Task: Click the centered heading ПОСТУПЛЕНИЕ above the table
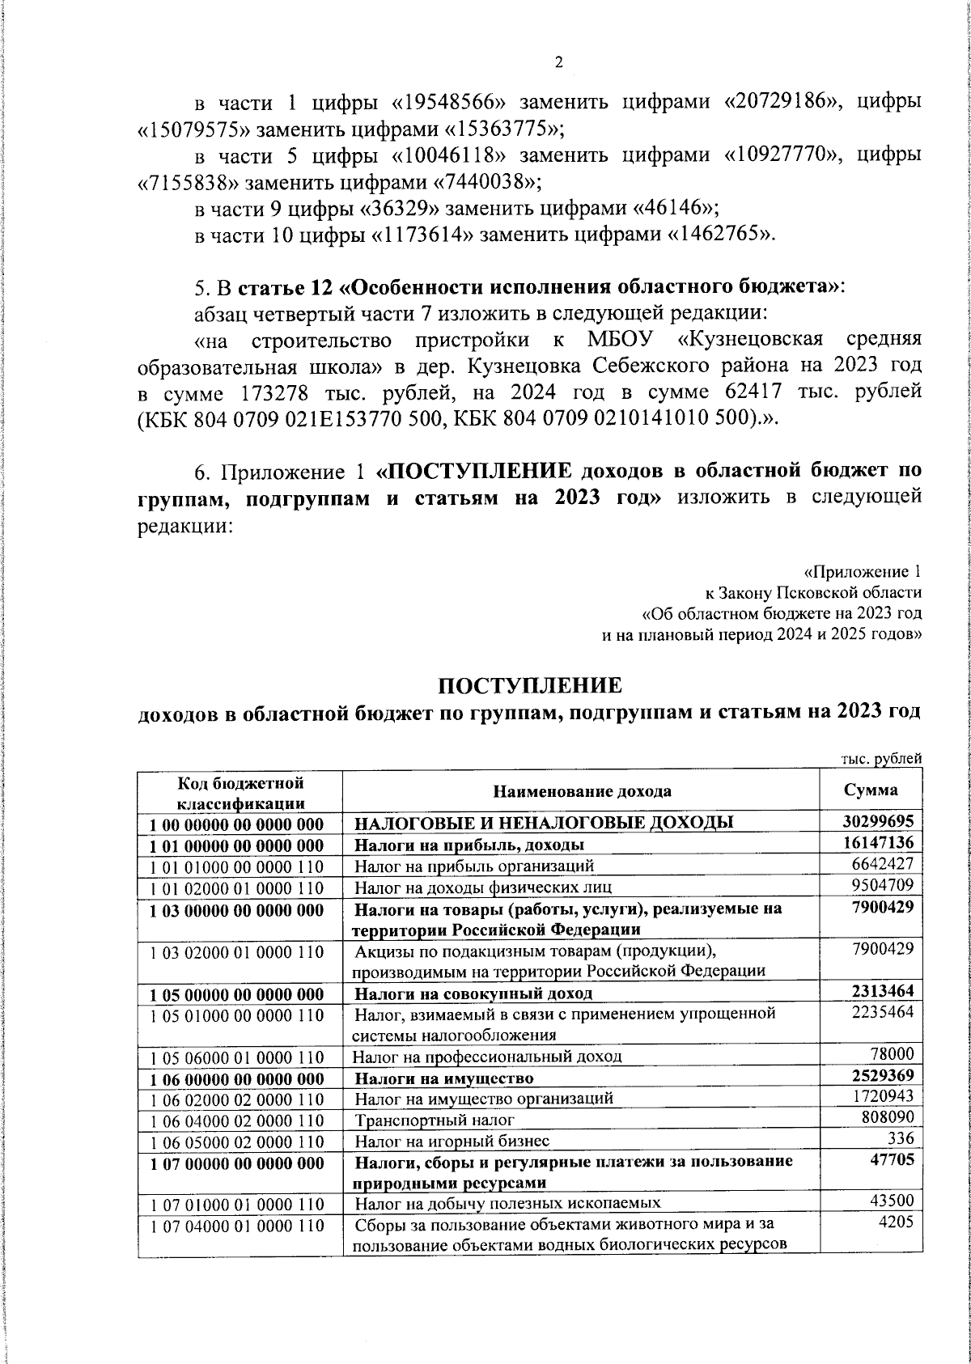coord(530,685)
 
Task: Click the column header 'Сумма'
coord(870,790)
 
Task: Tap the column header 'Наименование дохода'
coord(581,790)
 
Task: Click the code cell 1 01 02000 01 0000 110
coord(237,888)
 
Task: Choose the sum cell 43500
coord(892,1203)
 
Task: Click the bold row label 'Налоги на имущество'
coord(444,1078)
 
